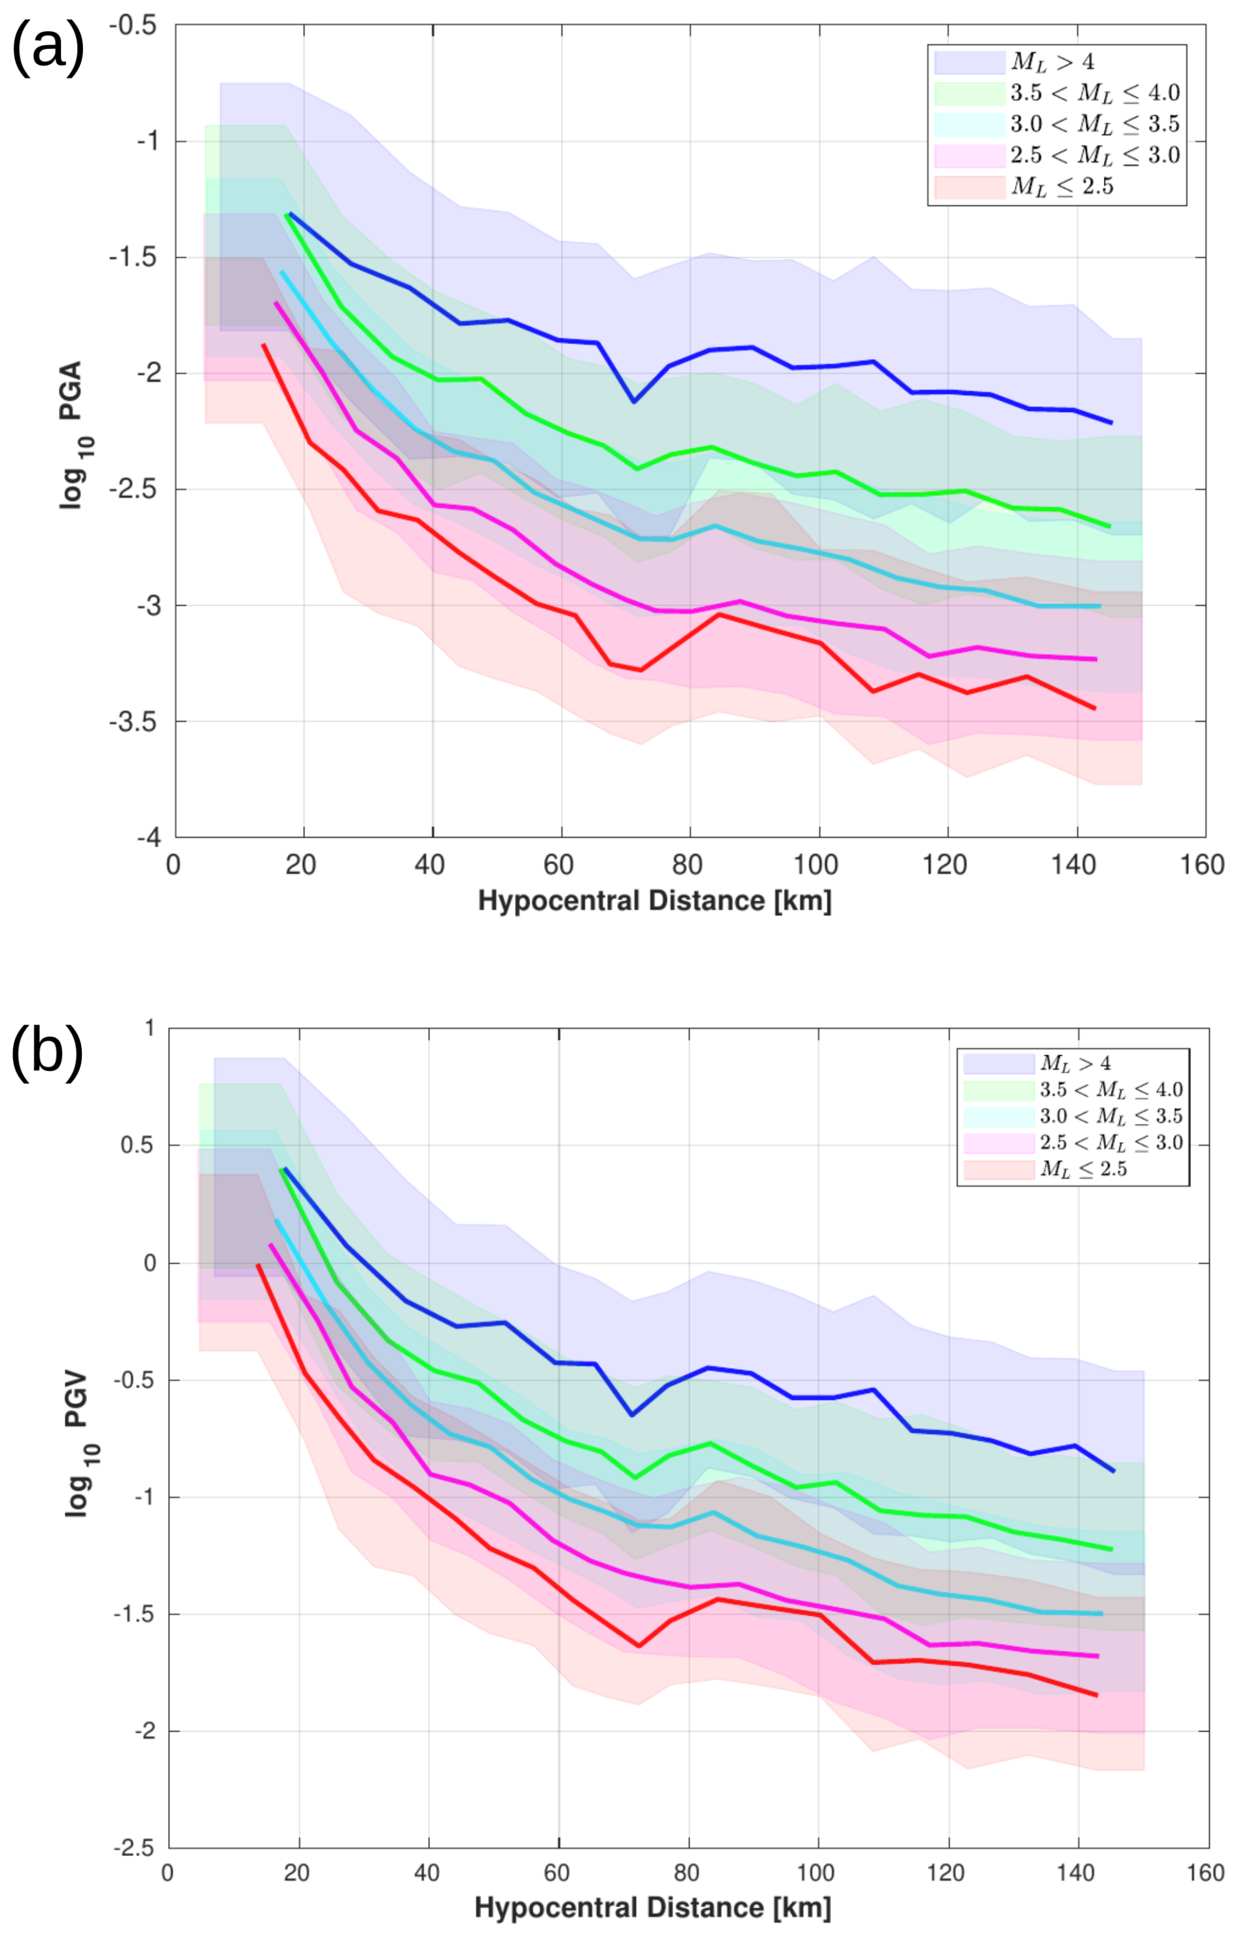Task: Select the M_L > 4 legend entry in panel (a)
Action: pos(1053,63)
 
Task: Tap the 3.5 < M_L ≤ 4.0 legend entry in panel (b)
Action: pos(1111,1090)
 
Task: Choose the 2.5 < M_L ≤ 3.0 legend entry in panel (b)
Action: pos(1111,1143)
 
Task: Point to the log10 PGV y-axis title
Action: pos(79,1444)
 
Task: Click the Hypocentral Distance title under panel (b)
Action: pos(652,1908)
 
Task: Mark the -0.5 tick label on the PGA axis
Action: pos(133,26)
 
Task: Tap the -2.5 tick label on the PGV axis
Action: pos(133,1849)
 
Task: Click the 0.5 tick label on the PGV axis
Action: pos(137,1145)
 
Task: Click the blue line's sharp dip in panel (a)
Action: pos(634,402)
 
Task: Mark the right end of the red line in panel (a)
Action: pos(1095,708)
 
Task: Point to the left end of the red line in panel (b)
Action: pos(258,1265)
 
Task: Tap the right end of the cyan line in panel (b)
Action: pos(1101,1614)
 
